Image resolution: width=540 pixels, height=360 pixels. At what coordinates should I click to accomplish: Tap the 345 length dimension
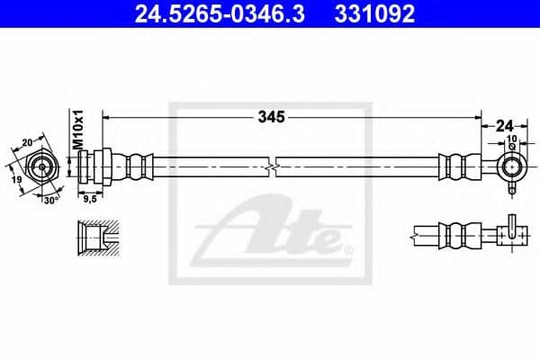click(x=271, y=116)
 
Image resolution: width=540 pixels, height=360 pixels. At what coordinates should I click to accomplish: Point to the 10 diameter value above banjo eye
click(x=511, y=139)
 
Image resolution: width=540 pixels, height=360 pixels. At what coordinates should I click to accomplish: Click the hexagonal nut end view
click(x=42, y=167)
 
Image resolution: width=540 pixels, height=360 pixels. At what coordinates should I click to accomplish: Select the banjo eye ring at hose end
click(x=510, y=166)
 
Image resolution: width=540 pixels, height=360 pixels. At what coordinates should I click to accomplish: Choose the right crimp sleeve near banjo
click(x=454, y=166)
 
